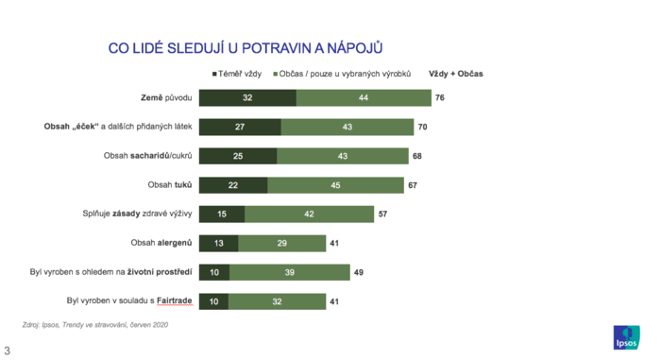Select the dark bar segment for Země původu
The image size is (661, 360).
[x=247, y=97]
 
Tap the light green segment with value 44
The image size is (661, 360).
[x=363, y=97]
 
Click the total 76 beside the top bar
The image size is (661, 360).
[x=440, y=97]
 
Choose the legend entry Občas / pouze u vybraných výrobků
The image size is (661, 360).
[x=347, y=74]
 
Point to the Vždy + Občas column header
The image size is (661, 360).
[x=456, y=74]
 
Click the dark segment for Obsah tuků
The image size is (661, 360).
[x=233, y=185]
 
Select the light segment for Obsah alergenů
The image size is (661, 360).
[x=281, y=243]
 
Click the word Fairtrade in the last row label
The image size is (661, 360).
[x=174, y=301]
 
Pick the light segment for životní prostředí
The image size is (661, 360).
[x=289, y=272]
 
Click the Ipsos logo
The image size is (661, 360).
[x=626, y=336]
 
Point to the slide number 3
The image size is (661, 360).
[x=7, y=351]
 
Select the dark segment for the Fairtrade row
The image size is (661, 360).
[x=212, y=301]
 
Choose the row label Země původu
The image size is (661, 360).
[x=166, y=97]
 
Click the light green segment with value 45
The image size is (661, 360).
[x=335, y=185]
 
